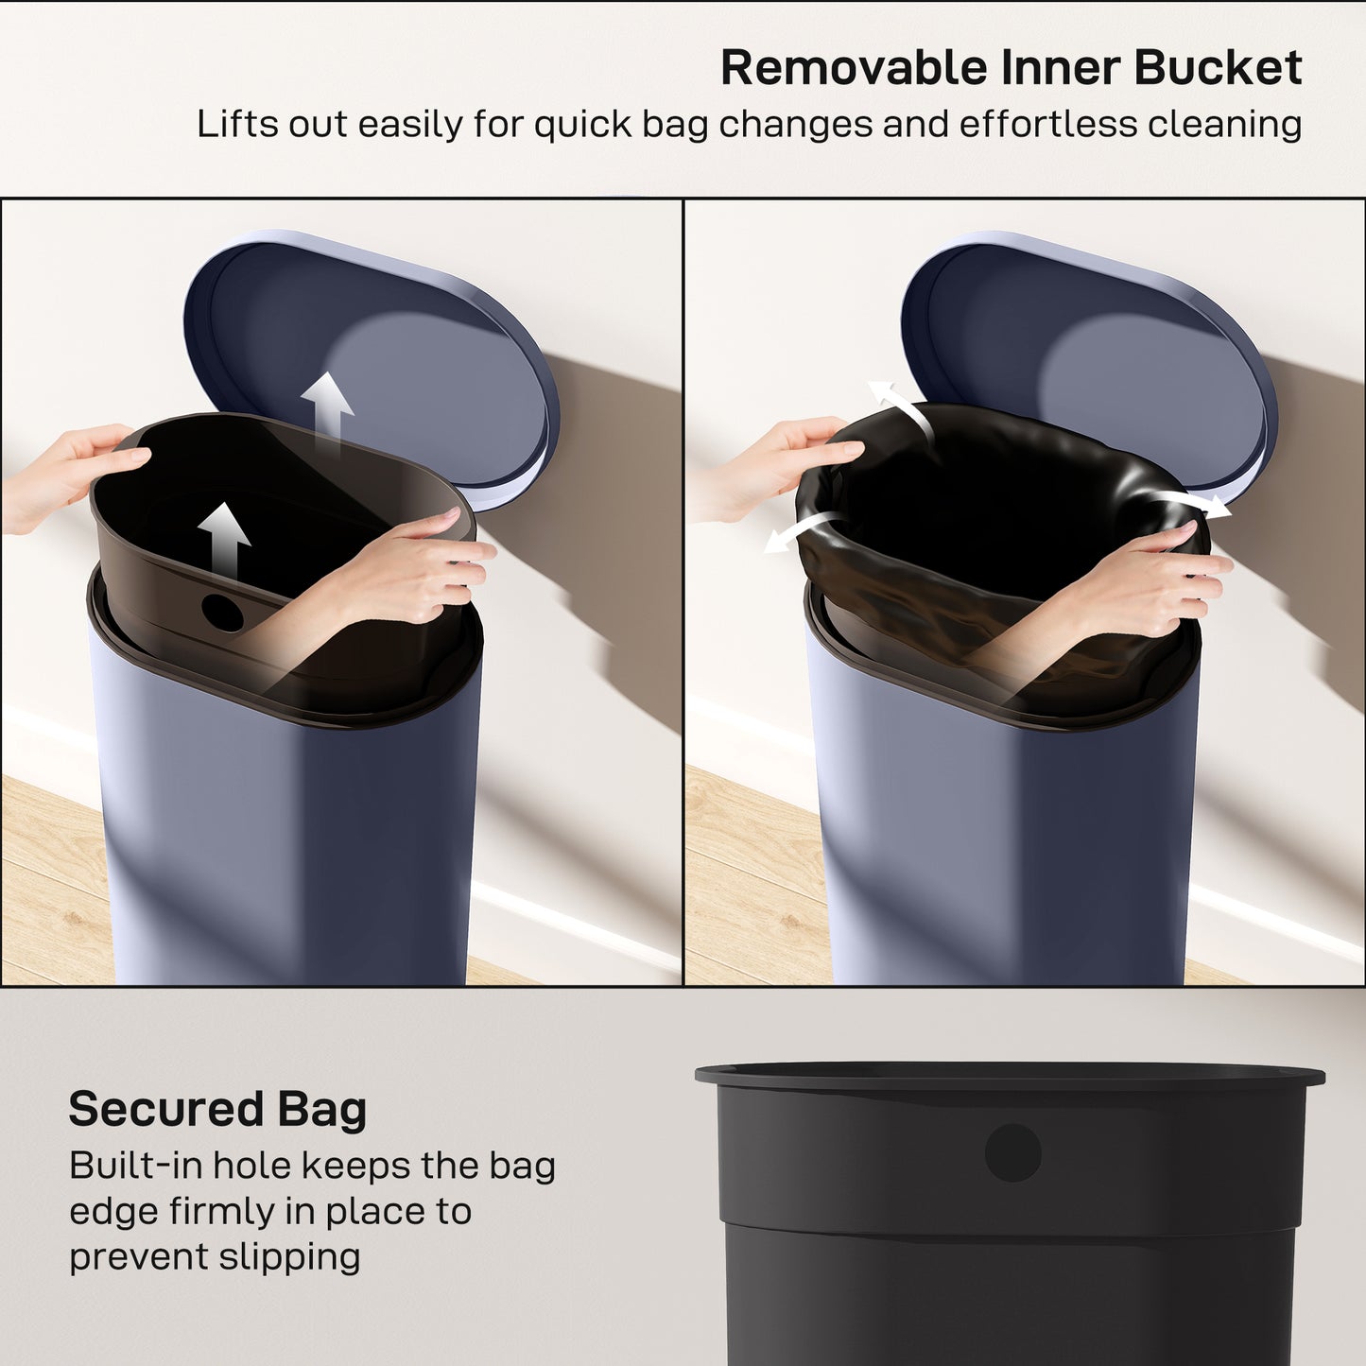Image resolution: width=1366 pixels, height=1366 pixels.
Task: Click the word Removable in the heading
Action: tap(854, 68)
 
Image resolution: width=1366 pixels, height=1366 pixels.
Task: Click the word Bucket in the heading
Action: tap(1218, 68)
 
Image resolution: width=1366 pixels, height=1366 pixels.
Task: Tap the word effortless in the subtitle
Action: tap(1046, 125)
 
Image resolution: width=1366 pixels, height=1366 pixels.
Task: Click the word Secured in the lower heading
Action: tap(165, 1109)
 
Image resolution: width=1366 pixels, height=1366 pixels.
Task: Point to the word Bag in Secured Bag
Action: tap(321, 1109)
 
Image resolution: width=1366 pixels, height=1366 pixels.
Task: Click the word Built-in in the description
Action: tap(134, 1166)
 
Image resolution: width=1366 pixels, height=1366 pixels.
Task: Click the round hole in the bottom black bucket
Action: tap(1012, 1152)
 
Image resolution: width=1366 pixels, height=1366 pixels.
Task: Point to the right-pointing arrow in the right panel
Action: tap(1196, 503)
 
